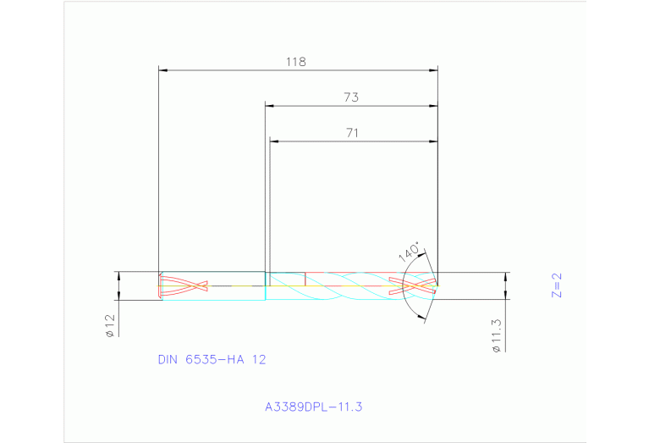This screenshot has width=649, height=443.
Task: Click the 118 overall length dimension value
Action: pyautogui.click(x=295, y=62)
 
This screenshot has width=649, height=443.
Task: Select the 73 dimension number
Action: pyautogui.click(x=351, y=97)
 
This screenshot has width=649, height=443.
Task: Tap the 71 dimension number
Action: pyautogui.click(x=353, y=133)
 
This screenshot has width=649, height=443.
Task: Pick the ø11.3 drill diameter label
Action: pyautogui.click(x=497, y=335)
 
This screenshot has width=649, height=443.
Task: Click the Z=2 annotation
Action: pyautogui.click(x=556, y=285)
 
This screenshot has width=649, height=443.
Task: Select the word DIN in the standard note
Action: pyautogui.click(x=169, y=359)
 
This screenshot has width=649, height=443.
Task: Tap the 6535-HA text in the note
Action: pyautogui.click(x=216, y=359)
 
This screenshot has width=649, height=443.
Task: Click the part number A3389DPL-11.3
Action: pyautogui.click(x=313, y=407)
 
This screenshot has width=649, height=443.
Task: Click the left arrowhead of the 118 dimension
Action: pyautogui.click(x=164, y=70)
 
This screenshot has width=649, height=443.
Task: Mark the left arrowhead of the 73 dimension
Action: pyautogui.click(x=270, y=106)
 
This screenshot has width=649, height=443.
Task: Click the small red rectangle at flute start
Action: pyautogui.click(x=286, y=279)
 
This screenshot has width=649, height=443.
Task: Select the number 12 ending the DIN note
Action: pyautogui.click(x=259, y=359)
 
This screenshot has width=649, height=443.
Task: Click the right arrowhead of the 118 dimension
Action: pyautogui.click(x=433, y=70)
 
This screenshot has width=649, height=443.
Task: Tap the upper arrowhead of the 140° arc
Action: pyautogui.click(x=422, y=253)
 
